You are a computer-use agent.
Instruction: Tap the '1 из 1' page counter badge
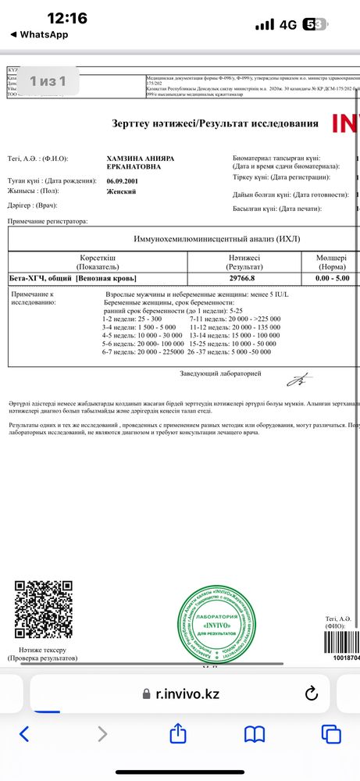pyautogui.click(x=47, y=80)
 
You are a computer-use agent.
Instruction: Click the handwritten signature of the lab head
pyautogui.click(x=297, y=380)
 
